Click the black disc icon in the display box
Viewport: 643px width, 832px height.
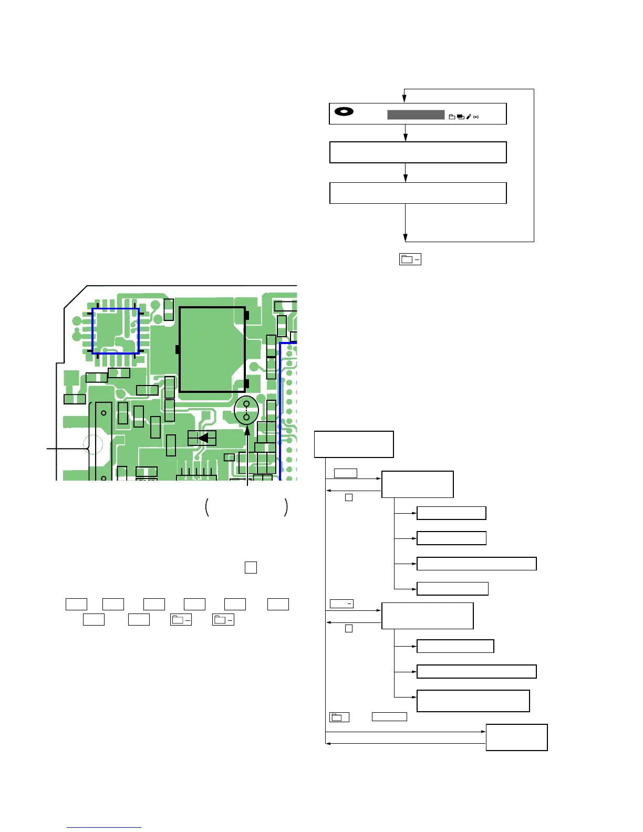click(344, 111)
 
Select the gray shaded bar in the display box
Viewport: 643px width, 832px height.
click(416, 115)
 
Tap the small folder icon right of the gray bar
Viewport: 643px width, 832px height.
click(451, 117)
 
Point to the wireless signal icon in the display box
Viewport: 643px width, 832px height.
click(476, 117)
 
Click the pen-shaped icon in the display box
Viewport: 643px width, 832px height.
click(469, 117)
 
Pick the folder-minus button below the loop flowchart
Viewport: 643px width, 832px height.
click(410, 259)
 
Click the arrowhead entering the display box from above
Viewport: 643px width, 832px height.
click(404, 98)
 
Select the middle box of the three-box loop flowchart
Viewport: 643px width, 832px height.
click(418, 152)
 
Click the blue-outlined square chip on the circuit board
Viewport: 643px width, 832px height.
click(116, 331)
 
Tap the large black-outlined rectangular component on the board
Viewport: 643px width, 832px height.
click(212, 349)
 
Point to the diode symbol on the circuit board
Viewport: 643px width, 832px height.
click(202, 438)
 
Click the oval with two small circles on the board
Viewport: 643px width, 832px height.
click(246, 410)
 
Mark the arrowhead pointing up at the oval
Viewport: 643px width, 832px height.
click(247, 430)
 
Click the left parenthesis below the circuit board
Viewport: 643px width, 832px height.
click(208, 507)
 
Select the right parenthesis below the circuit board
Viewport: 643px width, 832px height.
click(286, 507)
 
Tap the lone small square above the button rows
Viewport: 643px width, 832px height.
click(251, 567)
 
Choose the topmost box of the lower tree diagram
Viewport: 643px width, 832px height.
click(354, 444)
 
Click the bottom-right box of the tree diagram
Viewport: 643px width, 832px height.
click(516, 737)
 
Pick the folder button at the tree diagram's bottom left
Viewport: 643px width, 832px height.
click(339, 717)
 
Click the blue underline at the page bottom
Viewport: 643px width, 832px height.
click(104, 827)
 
